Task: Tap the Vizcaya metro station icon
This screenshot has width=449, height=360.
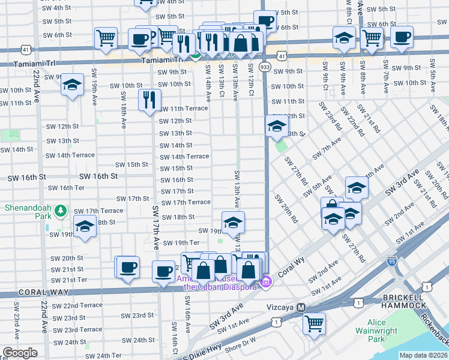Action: [x=302, y=307]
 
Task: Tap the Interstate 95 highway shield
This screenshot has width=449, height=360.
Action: [x=391, y=262]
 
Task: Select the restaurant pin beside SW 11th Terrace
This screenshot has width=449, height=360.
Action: [x=149, y=100]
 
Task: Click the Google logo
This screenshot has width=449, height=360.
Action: [x=20, y=353]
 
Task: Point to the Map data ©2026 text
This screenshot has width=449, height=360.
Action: [x=423, y=355]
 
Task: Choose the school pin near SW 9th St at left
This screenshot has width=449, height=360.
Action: [x=72, y=85]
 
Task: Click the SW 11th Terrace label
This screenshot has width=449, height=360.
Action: [x=183, y=109]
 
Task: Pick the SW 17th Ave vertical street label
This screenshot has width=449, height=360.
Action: [x=155, y=229]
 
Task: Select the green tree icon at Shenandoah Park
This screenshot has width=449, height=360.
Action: [x=60, y=211]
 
